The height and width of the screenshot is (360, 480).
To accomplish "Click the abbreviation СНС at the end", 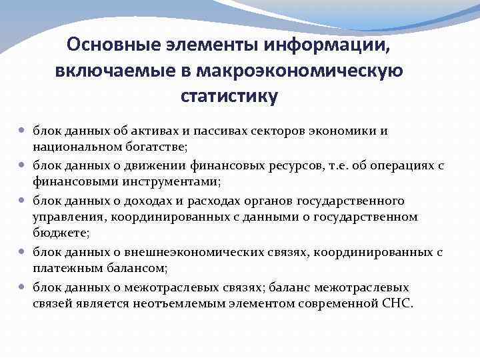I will tap(398, 303).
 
